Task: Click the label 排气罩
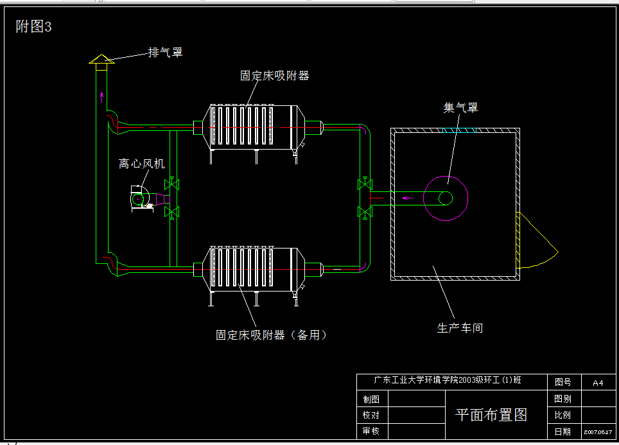166,53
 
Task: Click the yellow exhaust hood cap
101,59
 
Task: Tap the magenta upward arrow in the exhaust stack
101,98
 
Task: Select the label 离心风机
141,164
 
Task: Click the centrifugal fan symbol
142,198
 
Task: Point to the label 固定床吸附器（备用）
271,335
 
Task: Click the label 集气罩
460,107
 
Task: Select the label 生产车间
460,328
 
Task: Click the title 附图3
33,27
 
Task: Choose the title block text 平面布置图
491,415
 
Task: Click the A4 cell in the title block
598,383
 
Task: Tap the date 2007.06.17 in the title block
598,432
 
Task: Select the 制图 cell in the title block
371,399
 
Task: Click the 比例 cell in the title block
562,415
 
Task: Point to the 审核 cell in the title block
371,431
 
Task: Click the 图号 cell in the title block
562,382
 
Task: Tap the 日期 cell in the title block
562,432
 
